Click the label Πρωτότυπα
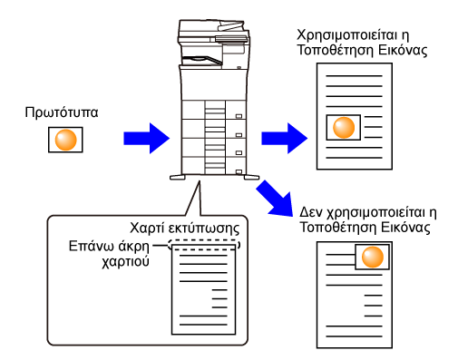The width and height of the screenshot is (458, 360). (x=62, y=113)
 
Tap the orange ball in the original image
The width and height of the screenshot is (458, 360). (x=65, y=140)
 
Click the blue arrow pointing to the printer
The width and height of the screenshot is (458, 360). (x=147, y=139)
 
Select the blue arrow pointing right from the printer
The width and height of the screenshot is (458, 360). (x=284, y=139)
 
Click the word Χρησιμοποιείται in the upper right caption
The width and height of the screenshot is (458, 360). (x=348, y=35)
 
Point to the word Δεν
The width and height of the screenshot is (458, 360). (x=311, y=212)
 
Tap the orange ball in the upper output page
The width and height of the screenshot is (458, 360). (x=344, y=127)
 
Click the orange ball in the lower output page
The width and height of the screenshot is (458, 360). (x=373, y=257)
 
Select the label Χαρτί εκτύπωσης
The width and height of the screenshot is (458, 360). (x=184, y=229)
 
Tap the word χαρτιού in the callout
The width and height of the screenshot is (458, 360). (x=125, y=261)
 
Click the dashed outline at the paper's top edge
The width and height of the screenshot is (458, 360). (x=204, y=240)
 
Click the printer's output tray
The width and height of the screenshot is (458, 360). (x=202, y=60)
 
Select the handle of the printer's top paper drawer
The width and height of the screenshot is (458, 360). (x=239, y=116)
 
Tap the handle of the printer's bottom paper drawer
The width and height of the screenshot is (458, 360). (x=239, y=171)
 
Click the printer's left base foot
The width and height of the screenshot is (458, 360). (x=178, y=178)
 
